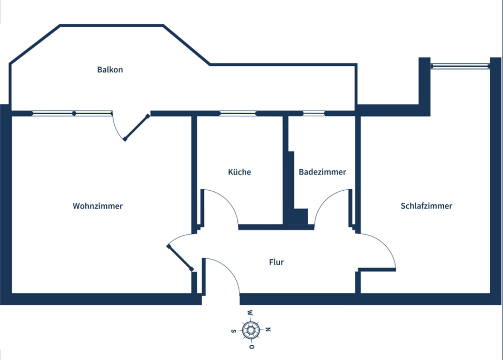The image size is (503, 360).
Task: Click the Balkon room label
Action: (110, 70)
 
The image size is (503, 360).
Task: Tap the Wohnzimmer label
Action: (97, 206)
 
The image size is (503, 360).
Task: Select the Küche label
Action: (239, 172)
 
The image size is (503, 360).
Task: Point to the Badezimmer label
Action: (322, 172)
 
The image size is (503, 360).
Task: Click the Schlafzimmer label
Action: (426, 206)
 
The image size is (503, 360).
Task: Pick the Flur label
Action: (276, 262)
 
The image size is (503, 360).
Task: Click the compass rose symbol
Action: (251, 330)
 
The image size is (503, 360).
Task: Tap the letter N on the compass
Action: (268, 330)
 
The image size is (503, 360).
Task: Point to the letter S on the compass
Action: (233, 331)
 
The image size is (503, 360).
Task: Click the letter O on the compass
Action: (252, 347)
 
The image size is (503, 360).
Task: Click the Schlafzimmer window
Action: (460, 66)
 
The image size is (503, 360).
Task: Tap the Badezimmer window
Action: (314, 113)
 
